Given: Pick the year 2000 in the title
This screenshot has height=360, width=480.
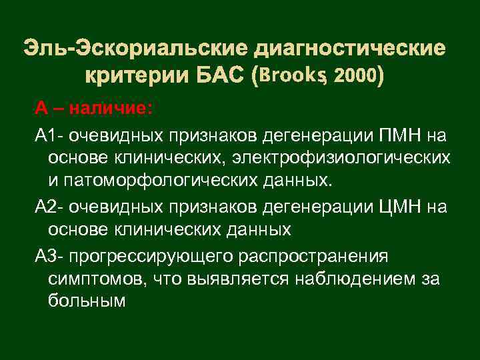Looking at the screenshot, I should coord(355,77).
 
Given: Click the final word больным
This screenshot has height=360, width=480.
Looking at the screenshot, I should coord(87,301).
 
